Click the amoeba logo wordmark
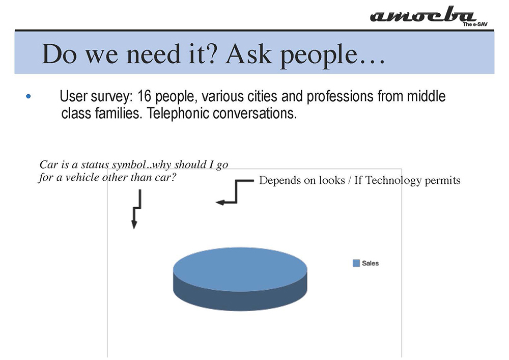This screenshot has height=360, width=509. [422, 15]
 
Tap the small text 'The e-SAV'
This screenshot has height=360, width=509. [475, 24]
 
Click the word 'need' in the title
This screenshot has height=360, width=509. [153, 54]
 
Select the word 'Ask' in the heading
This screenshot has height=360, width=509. [249, 53]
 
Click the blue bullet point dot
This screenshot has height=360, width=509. [28, 96]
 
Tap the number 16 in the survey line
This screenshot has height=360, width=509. [144, 96]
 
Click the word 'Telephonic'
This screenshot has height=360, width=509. [178, 113]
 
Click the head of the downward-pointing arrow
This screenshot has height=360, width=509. [134, 225]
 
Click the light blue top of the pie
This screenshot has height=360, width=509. [240, 269]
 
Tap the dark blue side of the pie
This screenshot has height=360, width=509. [240, 300]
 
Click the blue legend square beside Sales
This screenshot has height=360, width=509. [356, 263]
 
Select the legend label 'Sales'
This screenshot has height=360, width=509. [371, 263]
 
